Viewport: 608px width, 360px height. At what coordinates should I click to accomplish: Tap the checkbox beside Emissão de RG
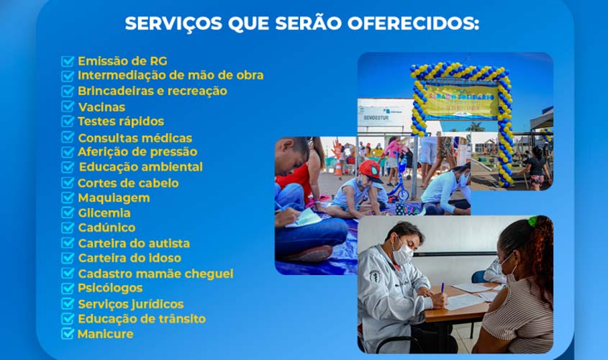click(68, 61)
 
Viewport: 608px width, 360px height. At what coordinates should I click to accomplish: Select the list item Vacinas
click(101, 107)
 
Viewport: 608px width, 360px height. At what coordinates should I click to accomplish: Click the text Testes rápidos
click(121, 122)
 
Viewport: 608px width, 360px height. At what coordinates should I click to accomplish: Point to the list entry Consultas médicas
click(135, 138)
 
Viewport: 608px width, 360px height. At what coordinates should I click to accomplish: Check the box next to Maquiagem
click(68, 197)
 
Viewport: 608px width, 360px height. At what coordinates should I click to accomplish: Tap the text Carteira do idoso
click(130, 258)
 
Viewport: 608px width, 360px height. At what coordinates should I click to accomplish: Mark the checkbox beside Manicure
click(68, 333)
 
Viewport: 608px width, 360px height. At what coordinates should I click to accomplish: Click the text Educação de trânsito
click(142, 318)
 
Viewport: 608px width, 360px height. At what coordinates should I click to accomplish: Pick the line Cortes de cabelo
click(128, 183)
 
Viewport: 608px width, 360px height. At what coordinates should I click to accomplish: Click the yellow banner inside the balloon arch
click(460, 102)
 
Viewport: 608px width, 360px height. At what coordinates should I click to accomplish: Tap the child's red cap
click(370, 170)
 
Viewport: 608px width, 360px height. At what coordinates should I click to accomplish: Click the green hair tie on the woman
click(532, 221)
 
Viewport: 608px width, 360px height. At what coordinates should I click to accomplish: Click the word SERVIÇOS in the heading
click(173, 24)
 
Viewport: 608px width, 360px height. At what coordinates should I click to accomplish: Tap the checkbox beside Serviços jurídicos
click(68, 303)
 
